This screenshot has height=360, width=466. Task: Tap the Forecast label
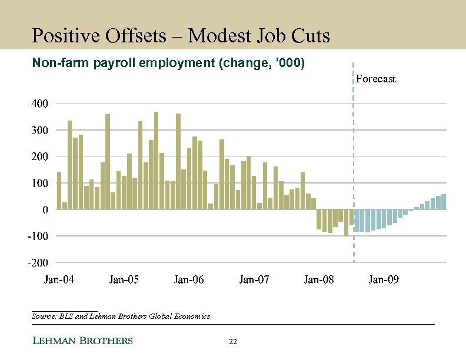pos(375,79)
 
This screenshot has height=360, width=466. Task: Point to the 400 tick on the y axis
pos(39,103)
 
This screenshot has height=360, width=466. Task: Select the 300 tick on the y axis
pos(39,129)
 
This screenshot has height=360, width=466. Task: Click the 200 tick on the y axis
pos(39,156)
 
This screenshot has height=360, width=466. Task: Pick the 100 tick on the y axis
pos(39,183)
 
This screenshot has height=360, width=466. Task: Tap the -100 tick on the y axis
pos(38,236)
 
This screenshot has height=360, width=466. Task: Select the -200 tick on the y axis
pos(38,262)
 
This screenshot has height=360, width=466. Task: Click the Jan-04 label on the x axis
pos(59,279)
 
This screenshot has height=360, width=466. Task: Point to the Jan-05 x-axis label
pos(124,279)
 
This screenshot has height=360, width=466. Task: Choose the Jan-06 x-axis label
pos(189,279)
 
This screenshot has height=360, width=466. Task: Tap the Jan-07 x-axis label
pos(254,279)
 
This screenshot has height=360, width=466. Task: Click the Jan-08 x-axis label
pos(319,279)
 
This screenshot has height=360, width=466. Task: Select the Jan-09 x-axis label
pos(384,279)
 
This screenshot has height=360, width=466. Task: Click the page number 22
pos(232,342)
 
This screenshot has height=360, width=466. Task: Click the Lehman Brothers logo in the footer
pos(82,341)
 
